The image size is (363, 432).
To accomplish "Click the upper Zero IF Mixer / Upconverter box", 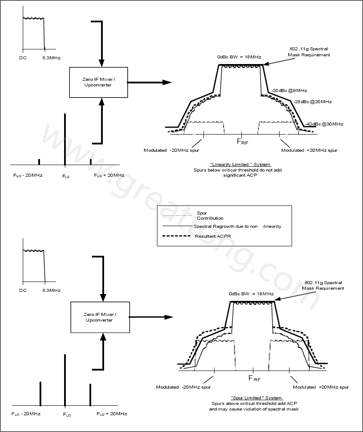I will (x=98, y=82).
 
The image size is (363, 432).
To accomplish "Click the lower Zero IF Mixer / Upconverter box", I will (x=100, y=317).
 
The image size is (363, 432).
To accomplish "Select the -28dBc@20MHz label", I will (x=313, y=101).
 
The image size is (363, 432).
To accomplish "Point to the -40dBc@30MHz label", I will (x=324, y=124).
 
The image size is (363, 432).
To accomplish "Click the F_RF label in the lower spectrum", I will (x=254, y=378).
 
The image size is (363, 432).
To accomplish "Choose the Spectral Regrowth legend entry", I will (x=237, y=227).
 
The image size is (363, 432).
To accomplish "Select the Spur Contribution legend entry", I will (x=204, y=215).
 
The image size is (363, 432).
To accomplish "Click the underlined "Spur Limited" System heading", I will (x=256, y=398).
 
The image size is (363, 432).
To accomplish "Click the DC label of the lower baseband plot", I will (x=23, y=291).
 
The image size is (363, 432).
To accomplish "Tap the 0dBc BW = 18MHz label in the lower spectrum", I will (x=251, y=294).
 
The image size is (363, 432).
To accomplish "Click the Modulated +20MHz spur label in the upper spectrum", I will (x=309, y=150).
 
